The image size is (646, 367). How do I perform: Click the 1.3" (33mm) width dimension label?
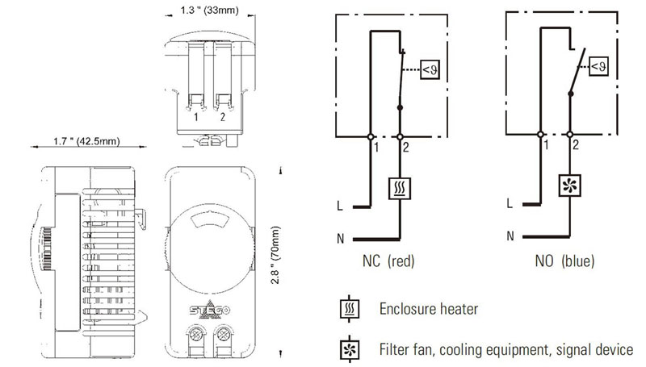tap(209, 10)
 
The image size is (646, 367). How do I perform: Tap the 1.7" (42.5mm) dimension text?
tap(86, 141)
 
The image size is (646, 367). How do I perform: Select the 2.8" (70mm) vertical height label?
tap(275, 255)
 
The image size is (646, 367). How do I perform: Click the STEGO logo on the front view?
tap(210, 310)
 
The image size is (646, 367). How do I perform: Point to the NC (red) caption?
tap(388, 261)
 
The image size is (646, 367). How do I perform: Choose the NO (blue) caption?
tap(564, 261)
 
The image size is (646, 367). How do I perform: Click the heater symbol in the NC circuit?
tap(400, 189)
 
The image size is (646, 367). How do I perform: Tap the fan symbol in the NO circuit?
tap(570, 185)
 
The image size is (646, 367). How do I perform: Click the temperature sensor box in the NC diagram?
tap(430, 69)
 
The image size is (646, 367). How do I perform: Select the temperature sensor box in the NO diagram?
tap(599, 66)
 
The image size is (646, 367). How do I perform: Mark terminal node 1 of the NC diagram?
tap(371, 136)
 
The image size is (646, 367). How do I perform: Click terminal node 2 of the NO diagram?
tap(570, 134)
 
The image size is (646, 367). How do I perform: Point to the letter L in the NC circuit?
tap(339, 206)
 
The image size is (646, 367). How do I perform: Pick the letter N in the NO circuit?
tap(510, 236)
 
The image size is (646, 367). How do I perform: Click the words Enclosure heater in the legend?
tap(429, 309)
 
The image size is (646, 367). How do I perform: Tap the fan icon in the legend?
tap(350, 350)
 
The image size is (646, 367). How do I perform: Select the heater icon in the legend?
tap(350, 309)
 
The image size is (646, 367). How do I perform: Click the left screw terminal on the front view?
tap(196, 334)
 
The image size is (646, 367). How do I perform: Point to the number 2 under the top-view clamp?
tap(223, 117)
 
